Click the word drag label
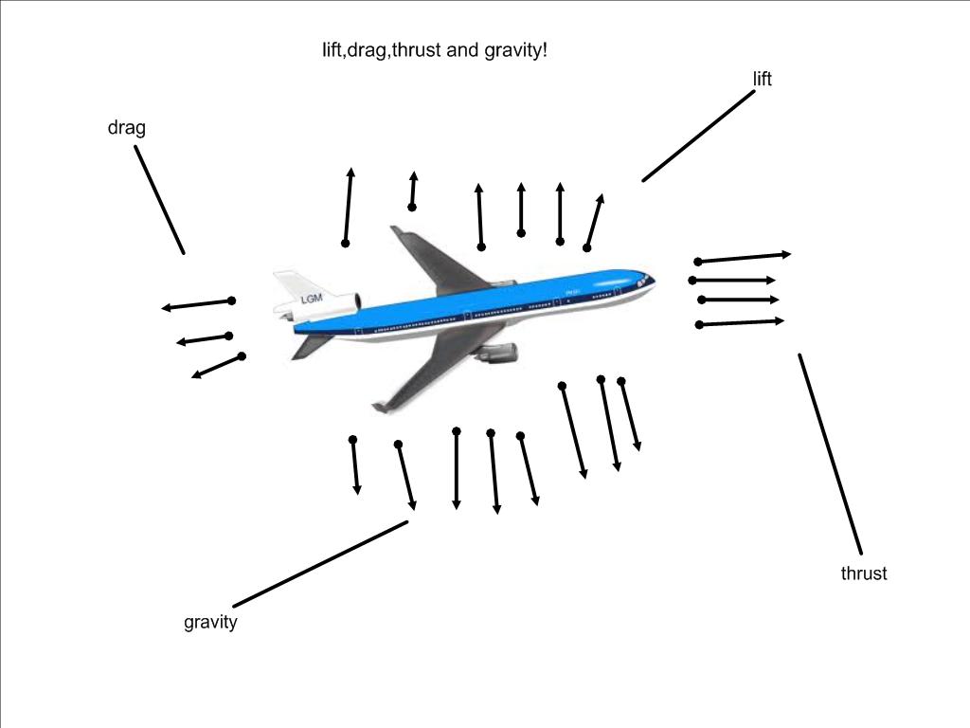126,128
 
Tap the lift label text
762,80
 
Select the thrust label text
863,573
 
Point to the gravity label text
210,623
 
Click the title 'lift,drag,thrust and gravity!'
435,49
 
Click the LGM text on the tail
313,300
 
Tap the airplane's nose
650,279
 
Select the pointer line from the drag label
159,199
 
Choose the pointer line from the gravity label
320,563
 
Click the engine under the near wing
494,355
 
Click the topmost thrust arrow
744,257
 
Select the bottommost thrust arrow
742,323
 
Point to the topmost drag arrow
197,304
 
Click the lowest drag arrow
217,367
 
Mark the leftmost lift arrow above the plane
348,207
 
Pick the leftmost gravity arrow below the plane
355,465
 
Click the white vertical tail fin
290,285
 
